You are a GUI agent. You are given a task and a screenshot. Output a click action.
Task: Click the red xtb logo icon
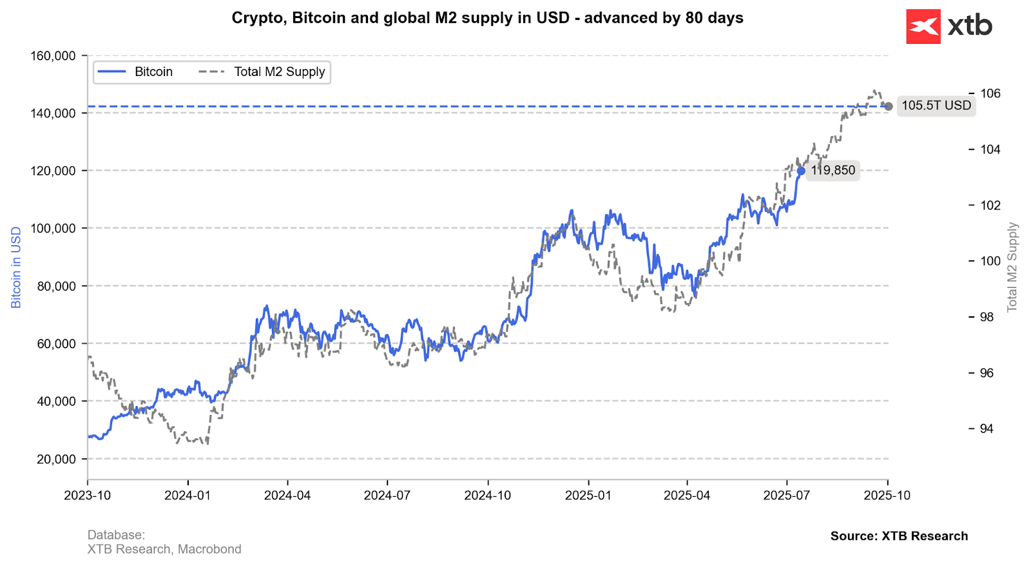(x=923, y=26)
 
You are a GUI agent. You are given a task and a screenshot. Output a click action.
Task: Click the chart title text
(x=487, y=17)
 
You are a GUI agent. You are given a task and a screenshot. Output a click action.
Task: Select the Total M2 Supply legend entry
(x=263, y=72)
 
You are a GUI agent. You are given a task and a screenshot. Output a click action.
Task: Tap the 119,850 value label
(x=833, y=170)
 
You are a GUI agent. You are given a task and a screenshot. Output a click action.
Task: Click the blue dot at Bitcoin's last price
(x=801, y=171)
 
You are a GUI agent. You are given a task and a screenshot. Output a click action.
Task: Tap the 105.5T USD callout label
(x=936, y=106)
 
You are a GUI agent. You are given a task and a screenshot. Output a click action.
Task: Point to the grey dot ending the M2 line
(x=889, y=106)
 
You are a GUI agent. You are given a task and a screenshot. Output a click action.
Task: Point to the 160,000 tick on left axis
(x=53, y=55)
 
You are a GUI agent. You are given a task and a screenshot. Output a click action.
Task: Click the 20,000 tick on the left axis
(x=56, y=459)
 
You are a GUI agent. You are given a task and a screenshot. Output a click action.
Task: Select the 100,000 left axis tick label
(x=53, y=228)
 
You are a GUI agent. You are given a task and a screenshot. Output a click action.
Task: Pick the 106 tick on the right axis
(x=990, y=93)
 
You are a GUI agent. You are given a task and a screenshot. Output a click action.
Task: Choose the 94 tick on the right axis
(x=986, y=428)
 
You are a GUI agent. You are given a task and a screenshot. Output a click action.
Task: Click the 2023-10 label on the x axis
(x=88, y=495)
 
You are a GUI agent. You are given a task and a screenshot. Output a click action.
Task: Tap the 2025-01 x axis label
(x=588, y=495)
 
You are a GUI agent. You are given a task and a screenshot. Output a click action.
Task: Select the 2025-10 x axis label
(x=887, y=495)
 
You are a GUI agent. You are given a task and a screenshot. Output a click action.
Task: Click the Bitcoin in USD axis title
(x=16, y=267)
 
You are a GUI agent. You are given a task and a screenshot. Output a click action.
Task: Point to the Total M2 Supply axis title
(x=1012, y=267)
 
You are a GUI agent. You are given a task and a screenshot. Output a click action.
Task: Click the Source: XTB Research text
(x=899, y=536)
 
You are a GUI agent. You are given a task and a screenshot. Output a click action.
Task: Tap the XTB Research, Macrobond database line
(x=164, y=549)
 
